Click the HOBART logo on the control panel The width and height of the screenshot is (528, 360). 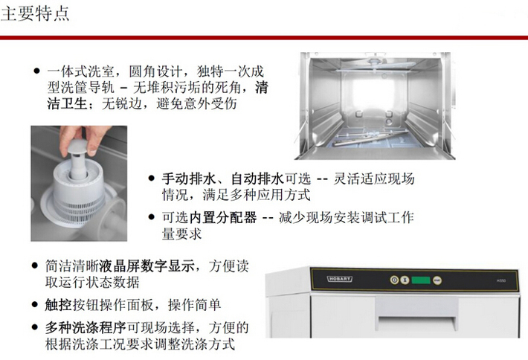(x=340, y=279)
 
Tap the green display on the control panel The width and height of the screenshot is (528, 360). (x=421, y=280)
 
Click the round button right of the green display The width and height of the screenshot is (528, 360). (x=437, y=280)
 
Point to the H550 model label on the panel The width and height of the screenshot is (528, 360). (x=501, y=280)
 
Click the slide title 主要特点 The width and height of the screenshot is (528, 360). (x=35, y=14)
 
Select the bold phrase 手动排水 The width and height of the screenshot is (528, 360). (x=189, y=179)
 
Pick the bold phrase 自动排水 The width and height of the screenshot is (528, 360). (x=257, y=179)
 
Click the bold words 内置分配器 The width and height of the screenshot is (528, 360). (x=223, y=217)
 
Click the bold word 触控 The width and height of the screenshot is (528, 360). (x=58, y=305)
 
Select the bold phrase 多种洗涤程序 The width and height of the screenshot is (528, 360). (x=86, y=327)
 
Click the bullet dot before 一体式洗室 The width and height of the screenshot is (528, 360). (x=36, y=71)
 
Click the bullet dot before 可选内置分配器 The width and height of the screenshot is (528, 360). (x=152, y=217)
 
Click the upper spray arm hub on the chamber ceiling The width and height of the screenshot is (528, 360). (x=374, y=62)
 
